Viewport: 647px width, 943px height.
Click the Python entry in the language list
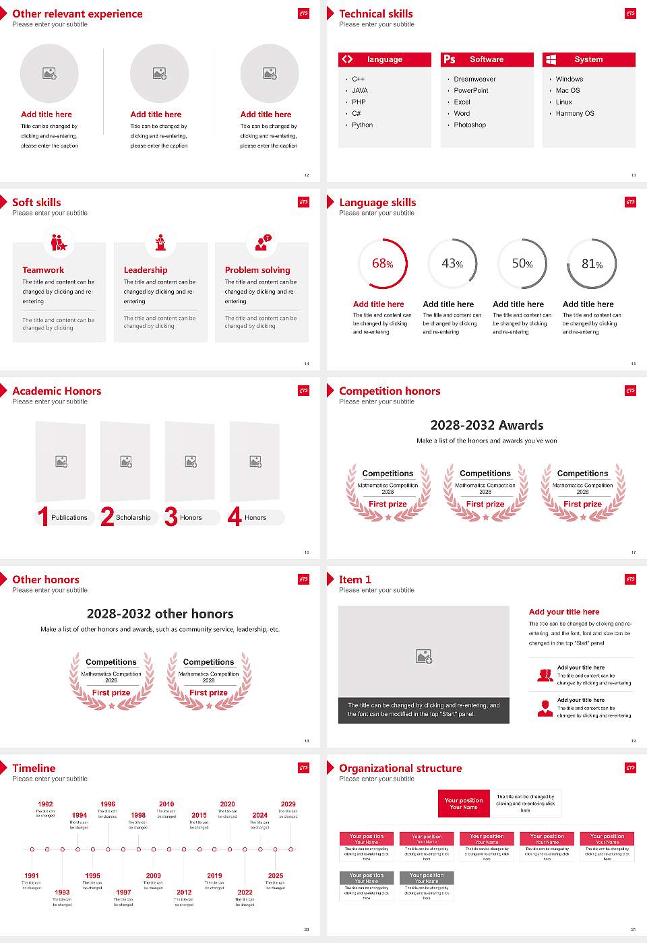click(362, 125)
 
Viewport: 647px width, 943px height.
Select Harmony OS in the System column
click(575, 114)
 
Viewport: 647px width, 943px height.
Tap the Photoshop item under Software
click(470, 125)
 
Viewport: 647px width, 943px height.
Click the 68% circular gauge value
click(383, 264)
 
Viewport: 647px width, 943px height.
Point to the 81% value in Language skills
click(592, 264)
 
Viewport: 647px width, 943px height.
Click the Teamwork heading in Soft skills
click(43, 270)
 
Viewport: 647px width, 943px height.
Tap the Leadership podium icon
click(160, 242)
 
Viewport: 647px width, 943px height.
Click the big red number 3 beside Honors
click(171, 517)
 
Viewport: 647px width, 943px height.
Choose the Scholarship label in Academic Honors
click(133, 518)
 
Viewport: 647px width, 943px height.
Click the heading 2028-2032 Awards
click(487, 426)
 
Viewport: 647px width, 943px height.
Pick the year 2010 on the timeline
click(166, 804)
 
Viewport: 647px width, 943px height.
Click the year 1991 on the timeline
click(32, 876)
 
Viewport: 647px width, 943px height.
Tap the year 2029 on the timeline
click(288, 804)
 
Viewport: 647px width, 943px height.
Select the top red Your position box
click(464, 804)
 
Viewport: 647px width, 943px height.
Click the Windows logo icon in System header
click(551, 59)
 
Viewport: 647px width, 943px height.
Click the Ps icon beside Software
click(450, 59)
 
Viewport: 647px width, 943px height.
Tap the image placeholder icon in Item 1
click(424, 656)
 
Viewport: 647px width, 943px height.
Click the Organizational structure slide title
click(400, 769)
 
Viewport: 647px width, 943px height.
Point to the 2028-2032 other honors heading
click(160, 614)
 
